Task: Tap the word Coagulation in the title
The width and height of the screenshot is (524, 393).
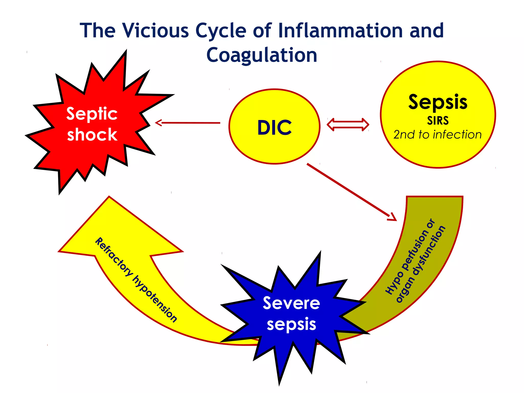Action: click(262, 55)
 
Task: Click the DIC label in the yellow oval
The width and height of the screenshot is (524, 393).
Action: click(275, 128)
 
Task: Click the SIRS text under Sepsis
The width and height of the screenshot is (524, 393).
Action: click(438, 121)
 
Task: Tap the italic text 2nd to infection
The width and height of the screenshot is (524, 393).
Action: click(438, 135)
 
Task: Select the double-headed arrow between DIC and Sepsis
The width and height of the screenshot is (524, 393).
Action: click(348, 125)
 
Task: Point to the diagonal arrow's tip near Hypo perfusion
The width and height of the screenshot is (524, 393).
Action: click(394, 219)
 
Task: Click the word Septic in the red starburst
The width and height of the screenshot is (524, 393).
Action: click(92, 114)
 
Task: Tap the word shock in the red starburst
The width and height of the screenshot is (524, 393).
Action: click(92, 135)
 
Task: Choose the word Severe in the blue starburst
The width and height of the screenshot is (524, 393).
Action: click(291, 303)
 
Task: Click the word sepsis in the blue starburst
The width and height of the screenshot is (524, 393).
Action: click(291, 324)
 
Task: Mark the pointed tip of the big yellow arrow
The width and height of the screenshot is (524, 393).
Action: click(109, 197)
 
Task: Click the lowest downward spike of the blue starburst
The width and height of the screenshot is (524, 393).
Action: click(279, 384)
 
